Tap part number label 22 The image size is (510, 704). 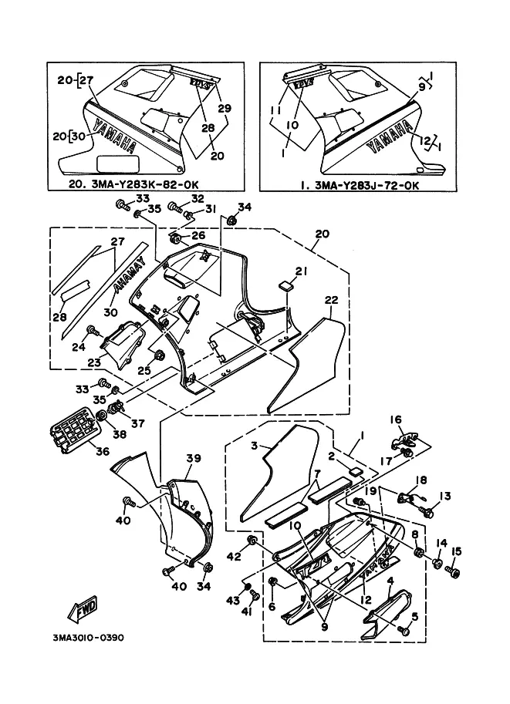pos(331,301)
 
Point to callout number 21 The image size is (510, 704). pos(301,271)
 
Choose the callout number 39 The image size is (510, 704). pos(193,458)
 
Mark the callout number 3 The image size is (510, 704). pos(252,446)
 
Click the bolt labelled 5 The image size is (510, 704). pos(404,630)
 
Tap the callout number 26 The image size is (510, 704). pos(198,236)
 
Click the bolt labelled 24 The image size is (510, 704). pos(93,332)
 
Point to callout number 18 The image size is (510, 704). pos(421,480)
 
